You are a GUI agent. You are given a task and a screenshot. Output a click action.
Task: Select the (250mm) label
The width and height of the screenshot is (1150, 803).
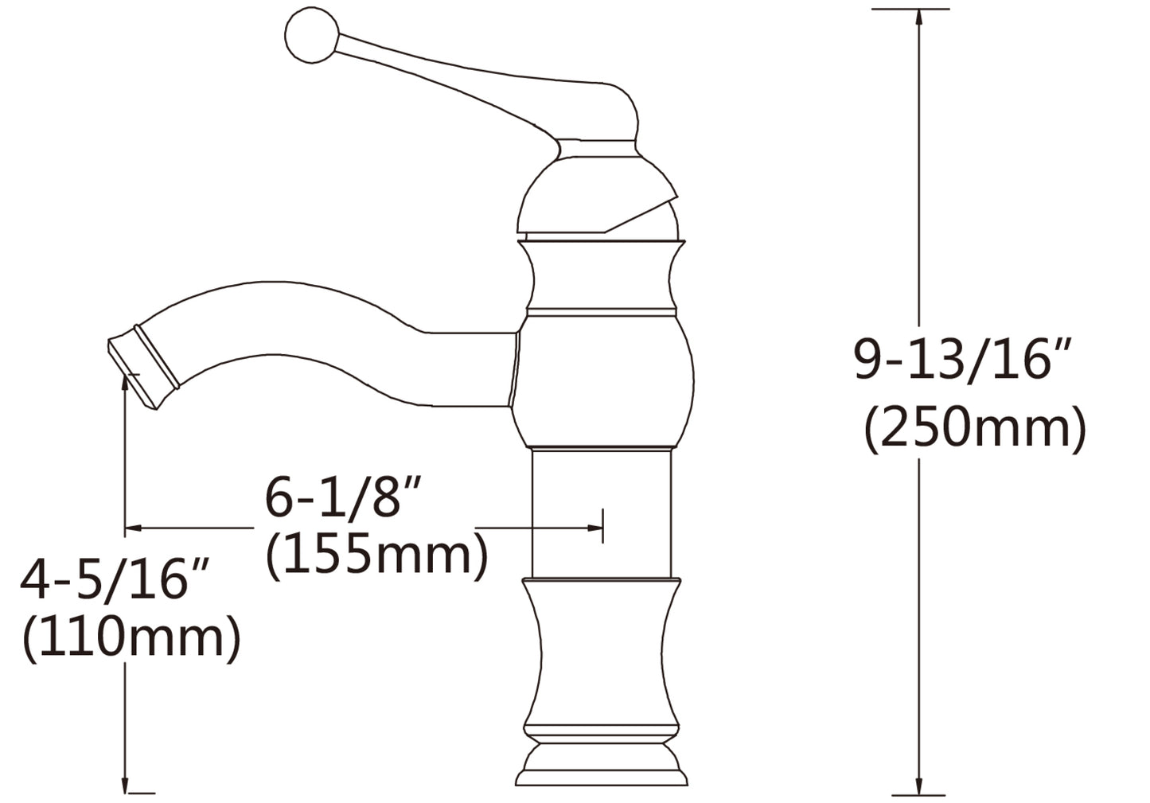coord(975,429)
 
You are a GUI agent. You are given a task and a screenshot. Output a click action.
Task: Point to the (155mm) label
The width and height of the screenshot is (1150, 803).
coord(376,555)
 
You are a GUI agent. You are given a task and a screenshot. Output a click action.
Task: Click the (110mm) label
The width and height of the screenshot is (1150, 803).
coord(131,638)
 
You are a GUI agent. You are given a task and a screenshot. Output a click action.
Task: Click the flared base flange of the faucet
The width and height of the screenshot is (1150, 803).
coord(601,771)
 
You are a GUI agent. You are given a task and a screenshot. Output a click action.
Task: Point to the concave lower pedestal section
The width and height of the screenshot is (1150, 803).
coord(601,653)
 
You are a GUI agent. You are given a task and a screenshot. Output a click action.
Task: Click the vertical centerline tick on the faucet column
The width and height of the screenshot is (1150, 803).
coord(603,525)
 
